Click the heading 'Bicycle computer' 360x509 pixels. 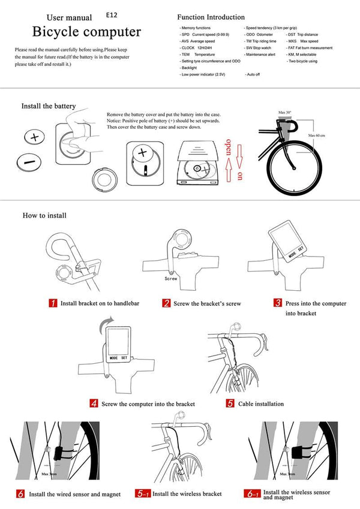click(x=86, y=31)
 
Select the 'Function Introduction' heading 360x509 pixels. click(x=211, y=17)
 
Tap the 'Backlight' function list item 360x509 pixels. click(x=191, y=68)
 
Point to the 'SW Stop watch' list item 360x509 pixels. click(x=258, y=47)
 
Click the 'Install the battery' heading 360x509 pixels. click(x=49, y=106)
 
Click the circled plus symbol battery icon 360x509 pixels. click(x=34, y=138)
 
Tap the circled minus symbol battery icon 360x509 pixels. click(x=26, y=162)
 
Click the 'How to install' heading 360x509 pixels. click(x=44, y=215)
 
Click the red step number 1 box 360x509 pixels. click(x=53, y=303)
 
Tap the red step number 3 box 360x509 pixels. click(x=278, y=303)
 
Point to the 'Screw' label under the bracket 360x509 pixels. click(x=171, y=279)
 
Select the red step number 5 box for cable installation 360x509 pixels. click(x=230, y=403)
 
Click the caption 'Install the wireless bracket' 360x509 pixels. click(x=187, y=494)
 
